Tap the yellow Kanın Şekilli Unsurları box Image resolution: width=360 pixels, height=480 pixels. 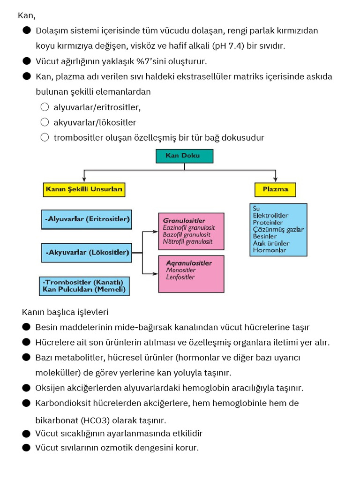click(x=84, y=189)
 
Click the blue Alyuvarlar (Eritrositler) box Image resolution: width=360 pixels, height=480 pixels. click(x=87, y=219)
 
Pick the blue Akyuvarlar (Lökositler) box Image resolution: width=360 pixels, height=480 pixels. click(x=87, y=252)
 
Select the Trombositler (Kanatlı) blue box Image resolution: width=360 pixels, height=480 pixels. click(x=84, y=285)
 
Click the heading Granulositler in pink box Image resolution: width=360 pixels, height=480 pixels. click(x=184, y=220)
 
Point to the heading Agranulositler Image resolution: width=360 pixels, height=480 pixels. click(x=189, y=263)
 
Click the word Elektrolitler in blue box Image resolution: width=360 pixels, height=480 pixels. click(x=270, y=216)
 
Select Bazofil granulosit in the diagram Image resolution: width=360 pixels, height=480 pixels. click(x=187, y=234)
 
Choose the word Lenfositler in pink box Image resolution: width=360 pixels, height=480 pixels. click(x=180, y=277)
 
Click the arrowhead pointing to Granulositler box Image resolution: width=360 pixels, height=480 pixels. click(x=156, y=231)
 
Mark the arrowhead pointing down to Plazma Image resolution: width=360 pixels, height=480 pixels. click(x=275, y=180)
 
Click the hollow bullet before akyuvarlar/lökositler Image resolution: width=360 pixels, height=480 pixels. click(x=45, y=122)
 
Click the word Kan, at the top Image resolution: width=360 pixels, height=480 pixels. click(x=27, y=16)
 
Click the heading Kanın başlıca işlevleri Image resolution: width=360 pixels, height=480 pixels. click(x=65, y=312)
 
